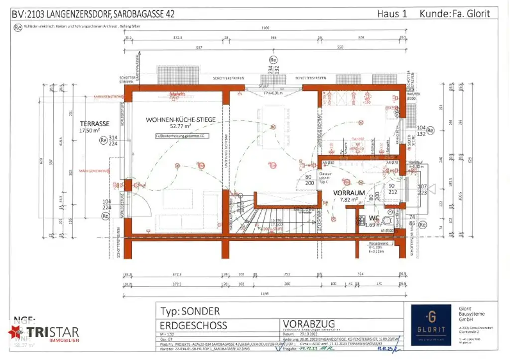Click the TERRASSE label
(x=95, y=123)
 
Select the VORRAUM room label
(x=349, y=192)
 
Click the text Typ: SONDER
(x=190, y=311)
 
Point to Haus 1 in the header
(x=392, y=13)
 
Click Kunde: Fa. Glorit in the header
(x=455, y=13)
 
